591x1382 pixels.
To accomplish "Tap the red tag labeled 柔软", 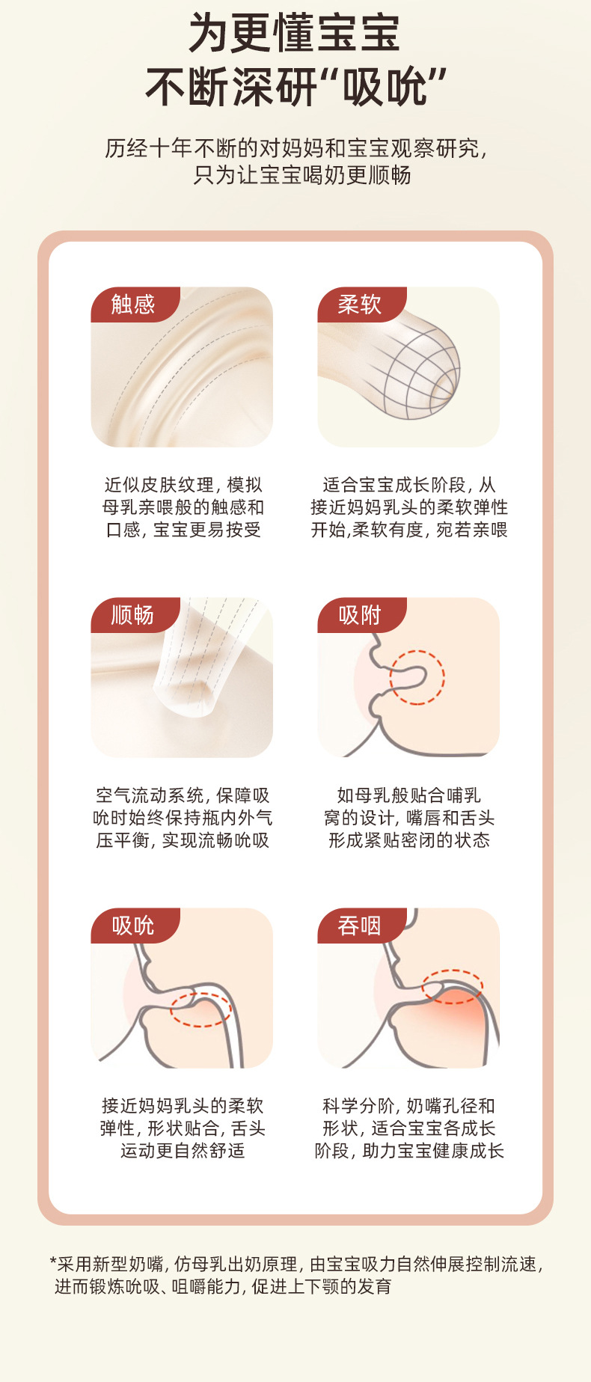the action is [x=361, y=305].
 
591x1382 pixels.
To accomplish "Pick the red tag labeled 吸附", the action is [x=361, y=615].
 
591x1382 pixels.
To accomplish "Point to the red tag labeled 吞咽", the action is [x=361, y=926].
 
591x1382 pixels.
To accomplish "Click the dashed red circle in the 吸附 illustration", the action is [x=444, y=677].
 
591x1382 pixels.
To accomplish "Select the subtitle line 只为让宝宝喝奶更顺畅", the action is [x=302, y=175].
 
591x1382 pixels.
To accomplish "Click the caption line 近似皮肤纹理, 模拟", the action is [x=183, y=485].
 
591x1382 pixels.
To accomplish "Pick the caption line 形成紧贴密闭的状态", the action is [x=409, y=840].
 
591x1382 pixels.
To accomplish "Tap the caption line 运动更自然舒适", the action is [x=183, y=1151].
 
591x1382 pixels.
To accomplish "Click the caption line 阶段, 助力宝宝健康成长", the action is [x=409, y=1151].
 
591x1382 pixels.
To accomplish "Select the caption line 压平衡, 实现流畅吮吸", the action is [x=183, y=840].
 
